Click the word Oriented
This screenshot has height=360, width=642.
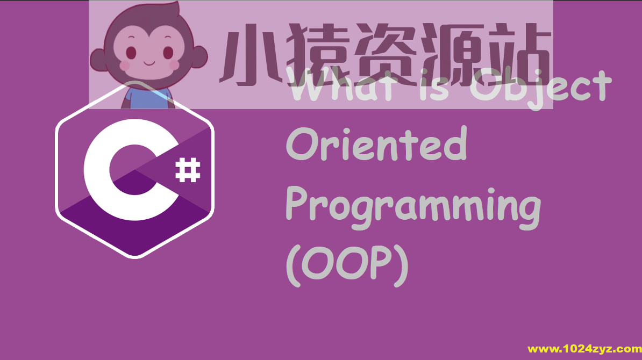[376, 145]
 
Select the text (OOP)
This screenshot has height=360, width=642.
[347, 268]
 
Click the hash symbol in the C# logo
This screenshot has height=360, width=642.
[188, 170]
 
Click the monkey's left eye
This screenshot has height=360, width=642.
[132, 53]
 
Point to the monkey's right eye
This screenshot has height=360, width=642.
[168, 53]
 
